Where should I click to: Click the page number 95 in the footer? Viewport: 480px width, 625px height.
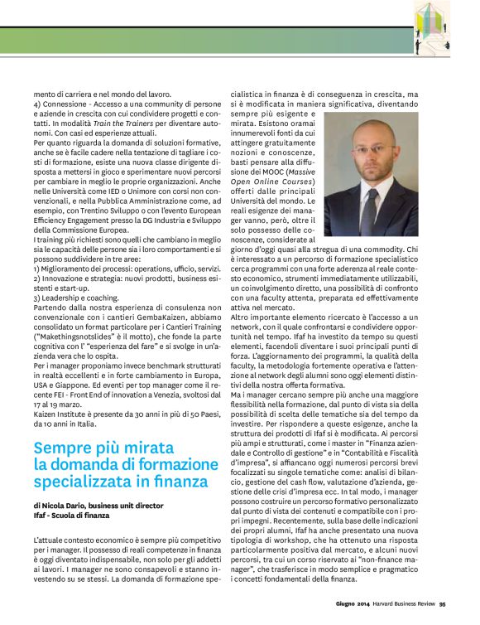[444, 603]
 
